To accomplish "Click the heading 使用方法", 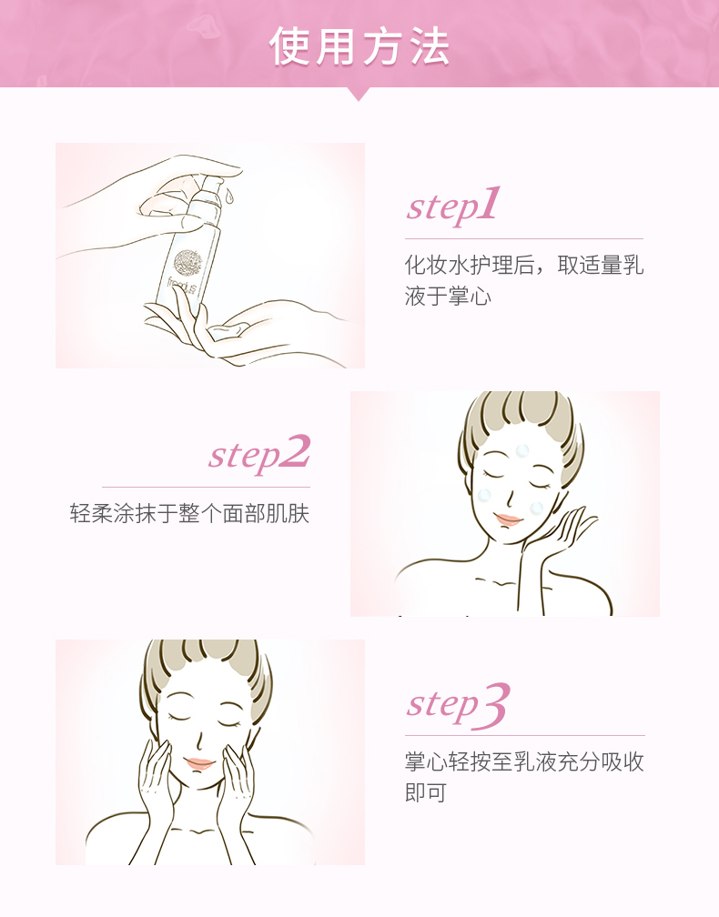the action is click(359, 45).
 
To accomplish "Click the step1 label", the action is click(453, 205).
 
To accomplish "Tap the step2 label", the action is click(259, 453).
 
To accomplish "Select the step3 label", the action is click(458, 705).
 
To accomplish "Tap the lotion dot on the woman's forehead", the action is click(522, 451).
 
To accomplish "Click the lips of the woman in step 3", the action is click(199, 763).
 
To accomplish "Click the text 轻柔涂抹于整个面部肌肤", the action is click(189, 513).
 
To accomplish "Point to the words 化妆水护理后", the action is click(470, 265).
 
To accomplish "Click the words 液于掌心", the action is click(448, 296).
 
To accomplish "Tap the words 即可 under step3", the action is click(426, 792).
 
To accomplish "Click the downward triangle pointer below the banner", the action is click(359, 94).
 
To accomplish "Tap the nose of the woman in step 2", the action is click(511, 497).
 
